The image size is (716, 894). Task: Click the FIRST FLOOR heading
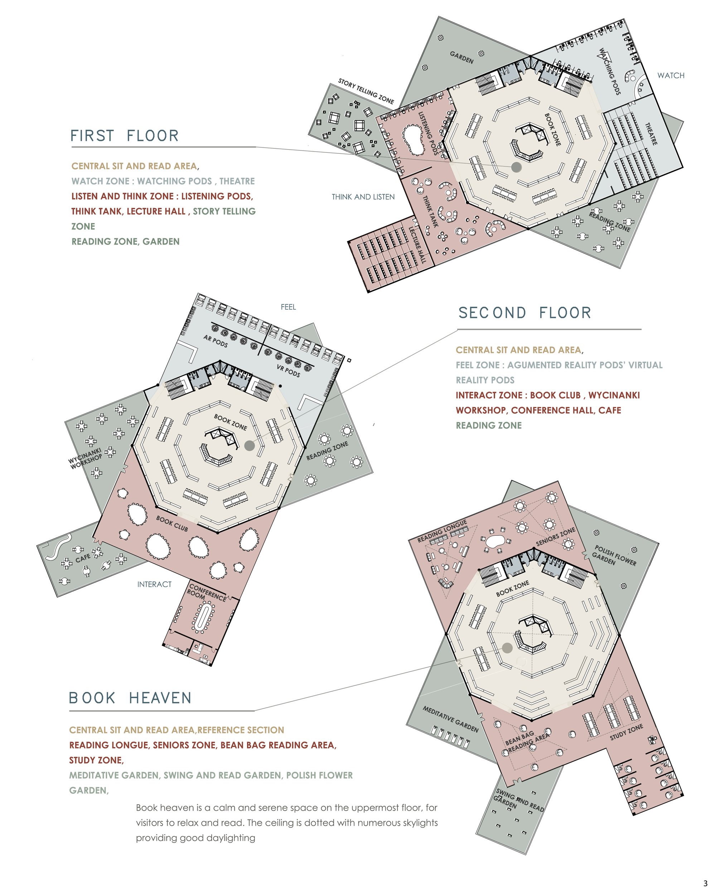coord(125,136)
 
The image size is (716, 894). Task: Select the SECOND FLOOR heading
coord(525,313)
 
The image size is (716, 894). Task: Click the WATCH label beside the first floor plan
coord(671,75)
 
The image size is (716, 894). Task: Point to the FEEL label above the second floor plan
coord(288,307)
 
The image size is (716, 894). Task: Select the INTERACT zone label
coord(154,584)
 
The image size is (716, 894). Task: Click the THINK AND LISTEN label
coord(363,197)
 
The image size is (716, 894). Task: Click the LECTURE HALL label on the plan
coord(418,244)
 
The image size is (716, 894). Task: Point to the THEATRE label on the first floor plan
coord(651,133)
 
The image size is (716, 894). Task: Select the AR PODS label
coord(216,341)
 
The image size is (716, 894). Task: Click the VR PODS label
coord(289,370)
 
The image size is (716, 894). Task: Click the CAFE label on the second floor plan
coord(83,558)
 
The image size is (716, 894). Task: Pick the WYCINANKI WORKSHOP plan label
coord(86,458)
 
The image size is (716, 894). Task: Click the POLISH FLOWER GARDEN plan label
coord(614,556)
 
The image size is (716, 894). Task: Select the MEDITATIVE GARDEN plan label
coord(451,719)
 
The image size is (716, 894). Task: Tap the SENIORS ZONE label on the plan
coord(555,537)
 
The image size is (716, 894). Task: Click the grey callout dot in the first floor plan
coord(516,167)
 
